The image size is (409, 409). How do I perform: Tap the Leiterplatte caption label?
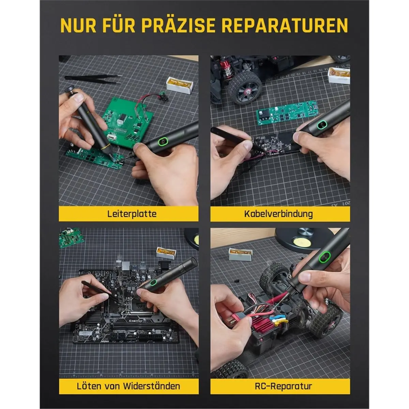132,214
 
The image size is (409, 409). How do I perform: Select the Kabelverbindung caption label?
278,214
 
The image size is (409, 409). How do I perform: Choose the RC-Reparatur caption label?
283,386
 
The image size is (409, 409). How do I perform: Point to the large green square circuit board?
128,121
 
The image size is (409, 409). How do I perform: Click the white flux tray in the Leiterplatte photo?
179,85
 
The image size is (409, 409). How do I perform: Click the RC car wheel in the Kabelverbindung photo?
244,88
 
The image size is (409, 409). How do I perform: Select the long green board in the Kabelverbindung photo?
287,113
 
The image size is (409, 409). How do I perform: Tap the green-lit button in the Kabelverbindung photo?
321,124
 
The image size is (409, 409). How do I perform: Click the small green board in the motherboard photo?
71,237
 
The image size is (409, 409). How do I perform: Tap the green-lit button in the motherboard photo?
152,283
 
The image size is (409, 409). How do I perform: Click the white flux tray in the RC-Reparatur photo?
240,254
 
